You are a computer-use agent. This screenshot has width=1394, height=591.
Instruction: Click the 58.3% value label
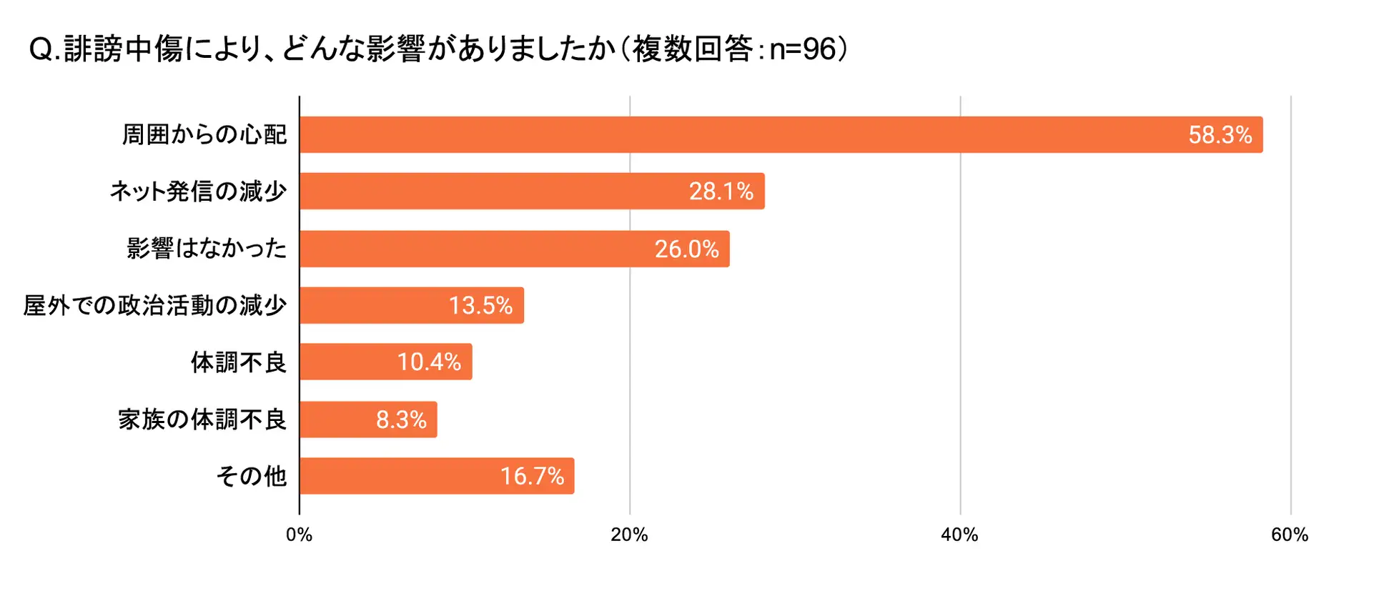pyautogui.click(x=1220, y=135)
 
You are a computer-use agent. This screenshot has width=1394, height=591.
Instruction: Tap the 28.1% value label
pyautogui.click(x=721, y=192)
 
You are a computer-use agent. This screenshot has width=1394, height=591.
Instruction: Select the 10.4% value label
pyautogui.click(x=429, y=362)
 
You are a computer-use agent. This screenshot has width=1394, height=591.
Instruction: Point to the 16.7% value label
pyautogui.click(x=532, y=476)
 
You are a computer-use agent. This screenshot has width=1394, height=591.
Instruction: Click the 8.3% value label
pyautogui.click(x=401, y=419)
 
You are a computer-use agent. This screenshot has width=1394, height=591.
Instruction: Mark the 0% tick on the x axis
pyautogui.click(x=299, y=535)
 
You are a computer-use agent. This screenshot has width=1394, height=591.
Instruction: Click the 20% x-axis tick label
pyautogui.click(x=629, y=535)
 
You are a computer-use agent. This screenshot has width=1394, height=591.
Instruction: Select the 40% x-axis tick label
pyautogui.click(x=959, y=535)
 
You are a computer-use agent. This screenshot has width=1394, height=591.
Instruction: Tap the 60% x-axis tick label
pyautogui.click(x=1290, y=535)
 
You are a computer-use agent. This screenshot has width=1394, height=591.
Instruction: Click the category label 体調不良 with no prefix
pyautogui.click(x=239, y=362)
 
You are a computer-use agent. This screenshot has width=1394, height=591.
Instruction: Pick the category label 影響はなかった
pyautogui.click(x=207, y=249)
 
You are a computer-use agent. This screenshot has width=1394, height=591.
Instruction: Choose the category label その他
pyautogui.click(x=252, y=476)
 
